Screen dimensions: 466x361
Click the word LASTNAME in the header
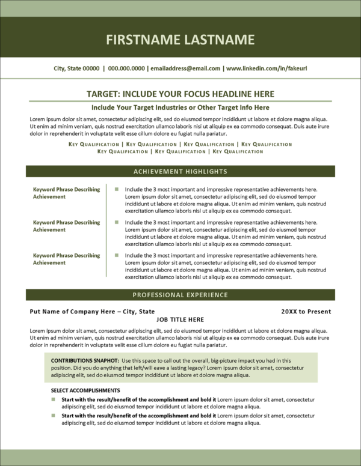217,40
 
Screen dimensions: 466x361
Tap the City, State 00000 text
76,68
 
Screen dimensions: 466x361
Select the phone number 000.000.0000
126,68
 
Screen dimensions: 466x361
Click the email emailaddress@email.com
185,68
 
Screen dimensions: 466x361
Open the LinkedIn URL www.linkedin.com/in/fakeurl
267,68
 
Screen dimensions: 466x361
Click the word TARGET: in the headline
105,94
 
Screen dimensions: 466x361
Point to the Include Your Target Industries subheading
180,107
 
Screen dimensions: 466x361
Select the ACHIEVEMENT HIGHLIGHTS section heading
180,171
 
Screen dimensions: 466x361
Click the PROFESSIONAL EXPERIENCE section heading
180,295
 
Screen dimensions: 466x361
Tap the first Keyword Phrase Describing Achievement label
66,193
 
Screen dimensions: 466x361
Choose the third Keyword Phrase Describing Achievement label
66,259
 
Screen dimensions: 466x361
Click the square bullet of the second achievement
117,222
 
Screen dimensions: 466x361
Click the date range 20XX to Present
306,312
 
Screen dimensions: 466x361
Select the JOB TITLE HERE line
180,319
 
